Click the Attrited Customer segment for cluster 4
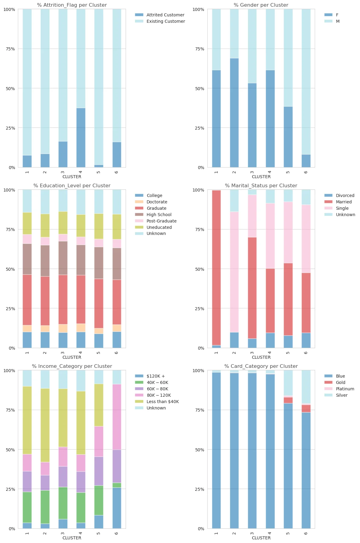tap(81, 137)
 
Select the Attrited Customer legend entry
tap(165, 15)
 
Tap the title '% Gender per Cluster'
tap(261, 5)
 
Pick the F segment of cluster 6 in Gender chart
tap(306, 161)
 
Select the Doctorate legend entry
tap(157, 202)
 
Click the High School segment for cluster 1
tap(27, 259)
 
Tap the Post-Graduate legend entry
tap(161, 221)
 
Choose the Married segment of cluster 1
tap(216, 267)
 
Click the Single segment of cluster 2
tap(234, 272)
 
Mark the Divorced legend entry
tap(345, 195)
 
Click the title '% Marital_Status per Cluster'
tap(261, 185)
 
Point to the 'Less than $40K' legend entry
tap(162, 402)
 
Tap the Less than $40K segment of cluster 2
tap(45, 425)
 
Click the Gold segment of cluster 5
tap(288, 400)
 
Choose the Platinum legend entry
tap(345, 389)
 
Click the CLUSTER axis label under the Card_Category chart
tap(261, 538)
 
